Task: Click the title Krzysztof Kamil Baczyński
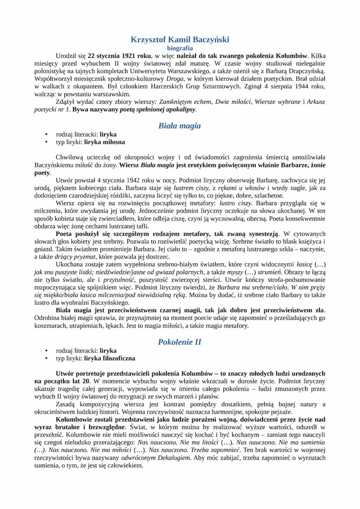(180, 40)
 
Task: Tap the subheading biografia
(180, 48)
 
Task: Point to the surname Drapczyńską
(304, 71)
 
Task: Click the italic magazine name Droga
(174, 79)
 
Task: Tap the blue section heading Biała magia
(180, 126)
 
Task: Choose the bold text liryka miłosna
(104, 142)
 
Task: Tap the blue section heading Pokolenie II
(180, 342)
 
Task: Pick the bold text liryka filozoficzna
(110, 359)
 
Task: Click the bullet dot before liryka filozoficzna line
(46, 359)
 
